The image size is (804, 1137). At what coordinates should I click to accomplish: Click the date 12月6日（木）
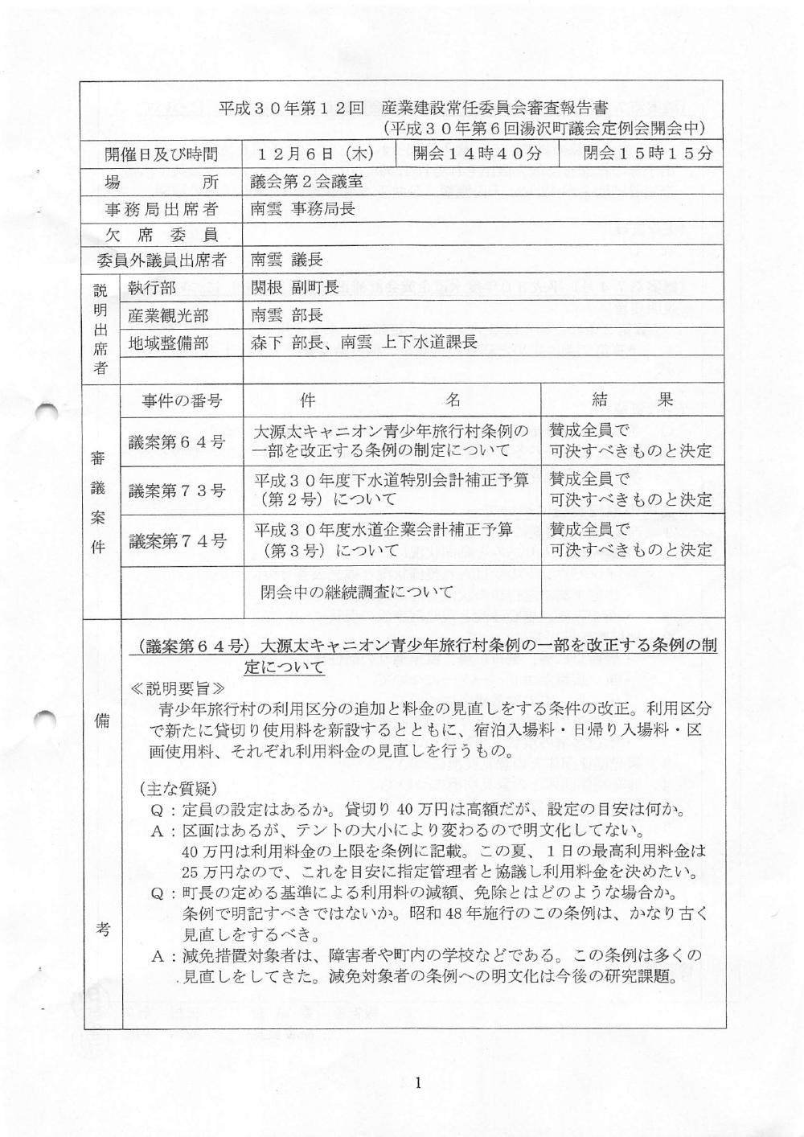(x=317, y=154)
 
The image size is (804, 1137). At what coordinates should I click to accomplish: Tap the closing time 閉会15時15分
(x=648, y=154)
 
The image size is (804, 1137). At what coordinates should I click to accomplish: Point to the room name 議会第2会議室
(x=306, y=182)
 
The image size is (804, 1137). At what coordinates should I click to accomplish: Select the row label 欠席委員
(x=162, y=235)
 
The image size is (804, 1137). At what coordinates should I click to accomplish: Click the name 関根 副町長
(x=294, y=287)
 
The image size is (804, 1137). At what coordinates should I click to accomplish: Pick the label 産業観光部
(x=168, y=315)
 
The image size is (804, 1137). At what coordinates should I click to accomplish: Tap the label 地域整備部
(x=168, y=343)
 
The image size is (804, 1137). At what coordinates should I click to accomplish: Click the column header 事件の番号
(x=182, y=400)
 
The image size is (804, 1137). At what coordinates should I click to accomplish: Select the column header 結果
(x=632, y=400)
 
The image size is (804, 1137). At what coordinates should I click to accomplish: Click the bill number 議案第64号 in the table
(x=177, y=441)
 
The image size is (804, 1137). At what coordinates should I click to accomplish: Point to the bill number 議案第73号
(x=177, y=490)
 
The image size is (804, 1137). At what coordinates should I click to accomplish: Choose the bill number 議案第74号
(x=177, y=540)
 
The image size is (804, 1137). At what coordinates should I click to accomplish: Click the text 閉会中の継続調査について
(x=357, y=592)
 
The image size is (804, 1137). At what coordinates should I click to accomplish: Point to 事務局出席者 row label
(x=162, y=209)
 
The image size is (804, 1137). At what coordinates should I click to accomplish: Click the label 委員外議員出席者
(x=162, y=261)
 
